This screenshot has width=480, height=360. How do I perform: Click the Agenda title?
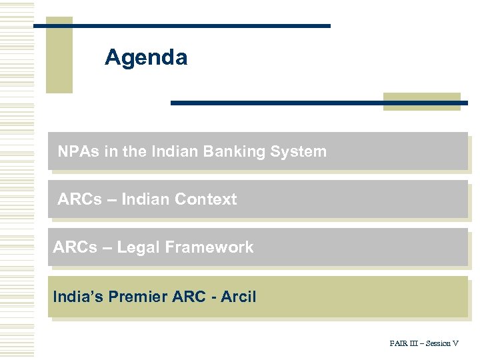click(x=146, y=58)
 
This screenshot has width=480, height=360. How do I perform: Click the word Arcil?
click(x=237, y=297)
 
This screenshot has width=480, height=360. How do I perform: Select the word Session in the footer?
click(x=438, y=344)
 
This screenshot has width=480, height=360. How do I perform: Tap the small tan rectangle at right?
click(x=422, y=101)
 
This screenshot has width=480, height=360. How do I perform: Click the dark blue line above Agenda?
click(x=181, y=25)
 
